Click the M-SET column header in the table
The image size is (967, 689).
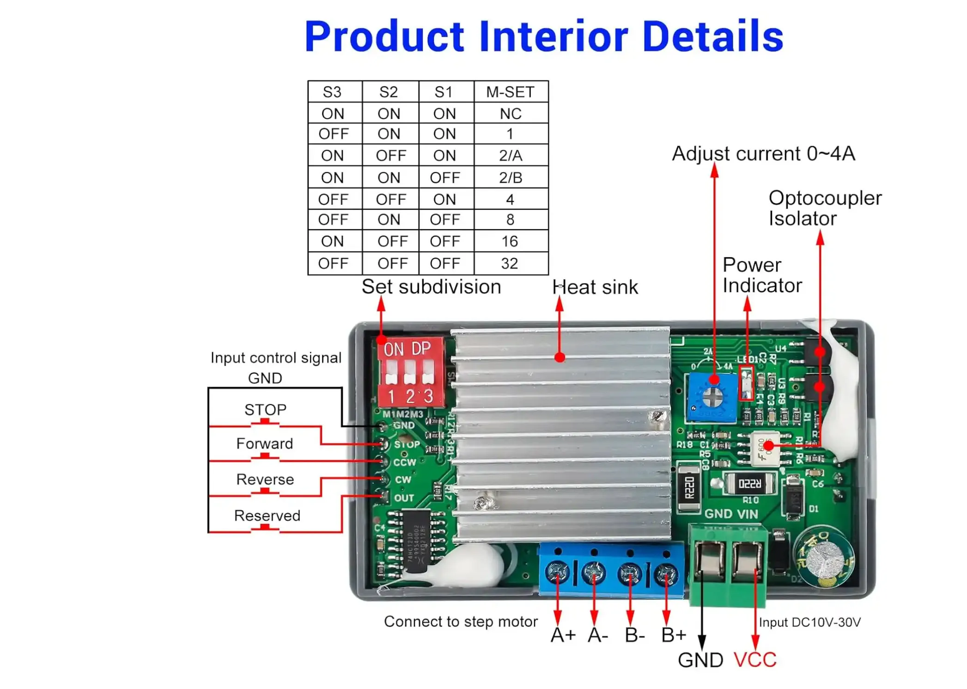pyautogui.click(x=510, y=92)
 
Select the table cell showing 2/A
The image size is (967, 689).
pyautogui.click(x=510, y=156)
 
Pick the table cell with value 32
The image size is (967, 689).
pyautogui.click(x=510, y=264)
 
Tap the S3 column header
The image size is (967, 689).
pyautogui.click(x=332, y=92)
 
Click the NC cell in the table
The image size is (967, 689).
pyautogui.click(x=510, y=114)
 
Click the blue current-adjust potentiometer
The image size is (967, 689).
pyautogui.click(x=712, y=397)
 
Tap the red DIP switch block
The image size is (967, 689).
pyautogui.click(x=410, y=373)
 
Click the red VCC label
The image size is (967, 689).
pyautogui.click(x=755, y=660)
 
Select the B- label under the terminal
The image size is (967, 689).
pyautogui.click(x=634, y=635)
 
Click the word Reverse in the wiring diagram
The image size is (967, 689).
pyautogui.click(x=265, y=480)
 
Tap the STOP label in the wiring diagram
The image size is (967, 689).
pyautogui.click(x=265, y=410)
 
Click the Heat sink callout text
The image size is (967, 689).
pyautogui.click(x=595, y=287)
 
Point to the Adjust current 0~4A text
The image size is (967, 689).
pyautogui.click(x=763, y=154)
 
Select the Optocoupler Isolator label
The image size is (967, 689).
pyautogui.click(x=824, y=208)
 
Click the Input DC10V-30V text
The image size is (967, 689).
pyautogui.click(x=809, y=622)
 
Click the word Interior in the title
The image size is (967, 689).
pyautogui.click(x=553, y=37)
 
